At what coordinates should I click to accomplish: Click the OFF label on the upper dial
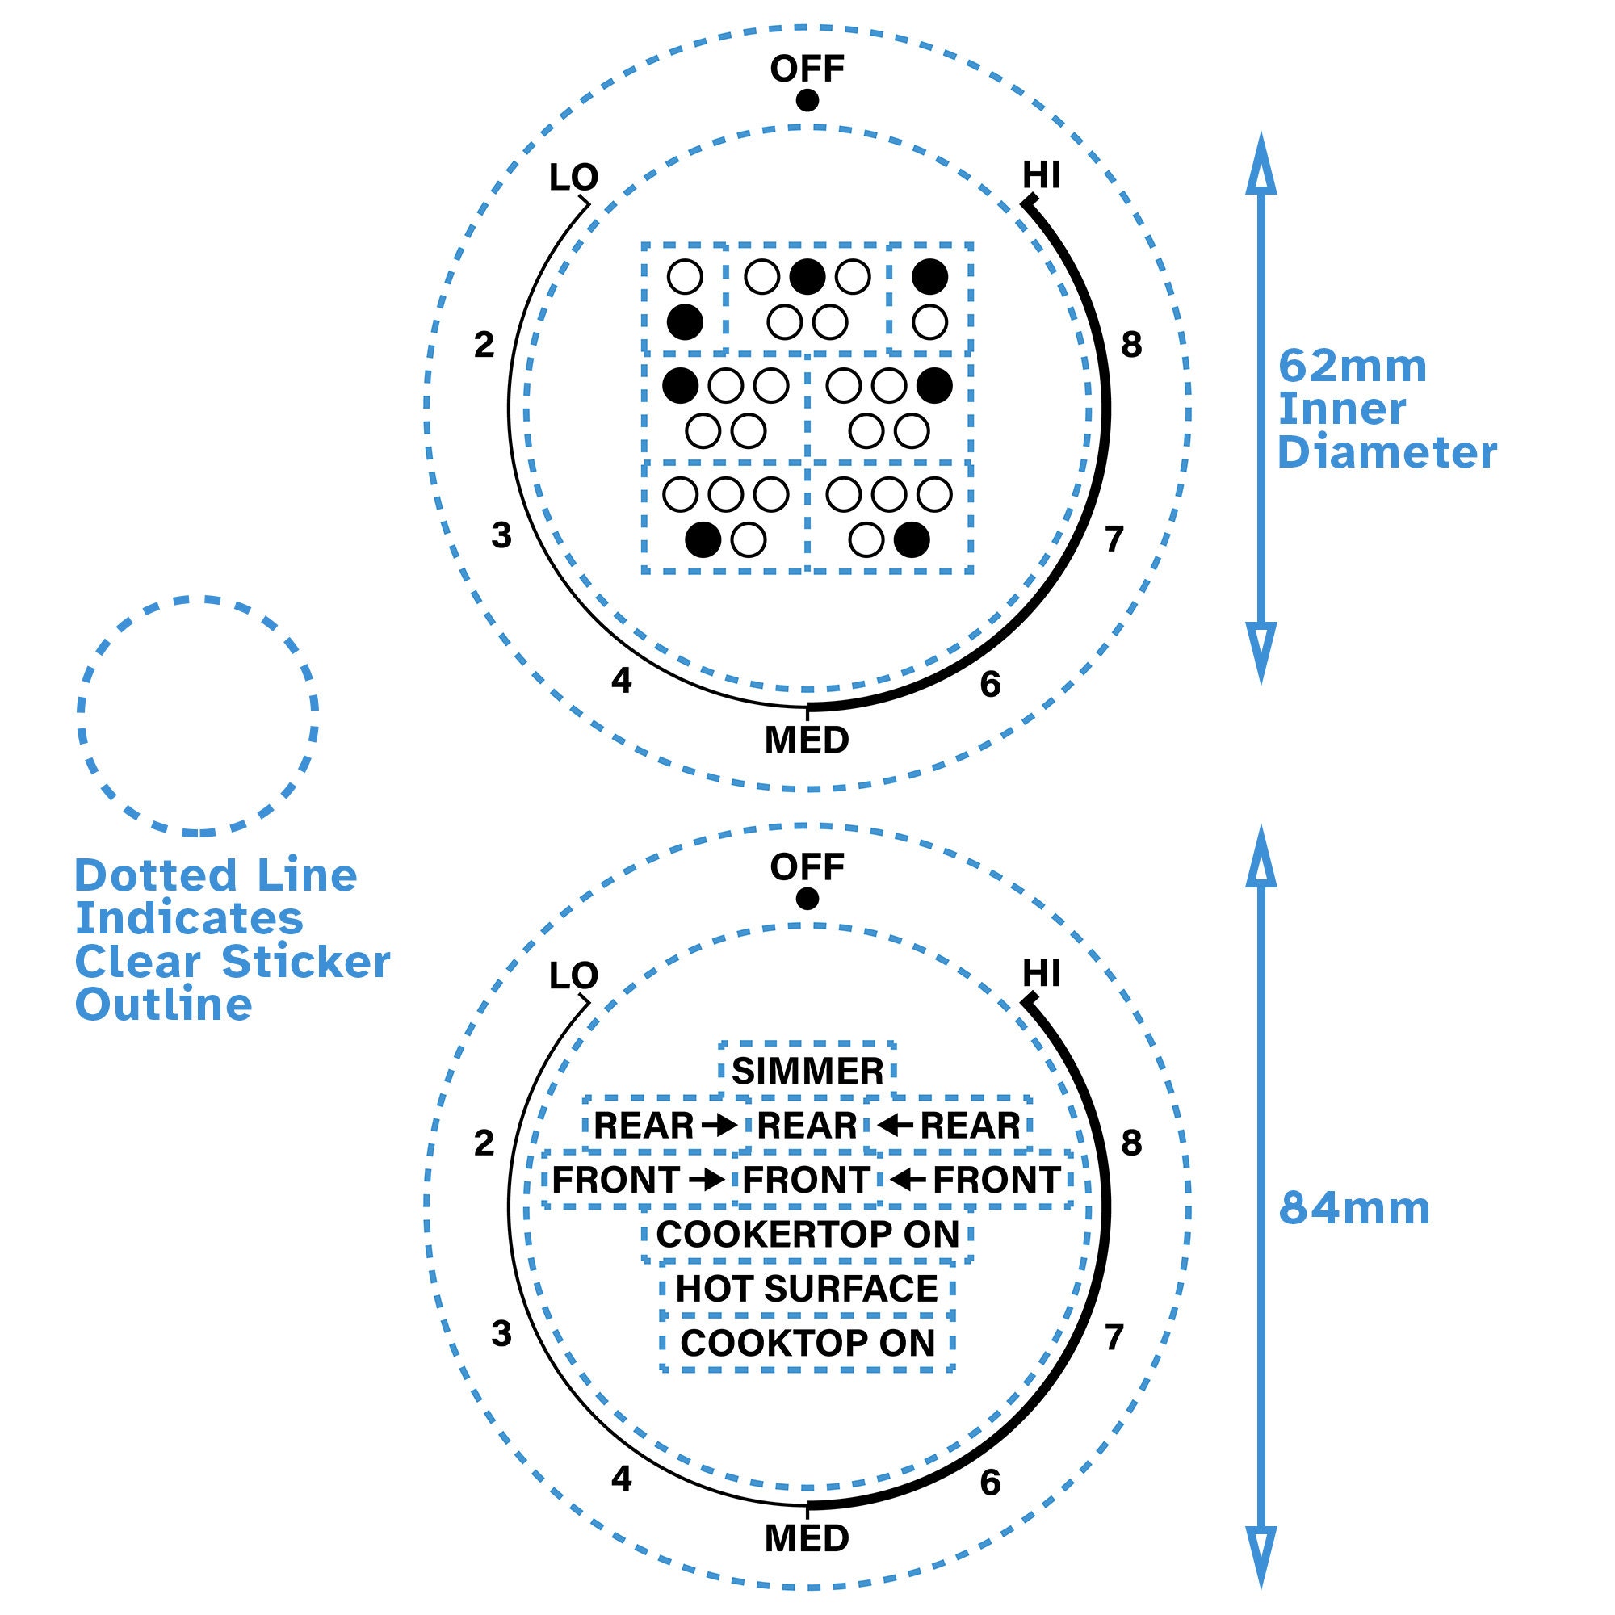click(x=807, y=69)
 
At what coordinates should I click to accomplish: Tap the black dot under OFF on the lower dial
click(x=807, y=899)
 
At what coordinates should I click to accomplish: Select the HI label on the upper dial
click(x=1042, y=175)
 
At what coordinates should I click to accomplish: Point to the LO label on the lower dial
click(x=573, y=975)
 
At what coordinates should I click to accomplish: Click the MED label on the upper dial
click(x=807, y=740)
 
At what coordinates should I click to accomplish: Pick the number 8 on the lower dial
click(x=1131, y=1143)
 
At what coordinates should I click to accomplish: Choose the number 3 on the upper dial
click(x=501, y=535)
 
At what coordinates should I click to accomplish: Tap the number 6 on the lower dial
click(x=990, y=1482)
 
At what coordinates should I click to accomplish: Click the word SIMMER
click(x=807, y=1071)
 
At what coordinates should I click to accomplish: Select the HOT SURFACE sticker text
click(x=807, y=1288)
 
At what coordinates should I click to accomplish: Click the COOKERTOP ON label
click(x=807, y=1234)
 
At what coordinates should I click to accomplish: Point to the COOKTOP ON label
click(x=807, y=1343)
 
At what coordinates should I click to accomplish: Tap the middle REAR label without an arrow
click(x=807, y=1125)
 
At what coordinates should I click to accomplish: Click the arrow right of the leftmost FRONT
click(x=708, y=1180)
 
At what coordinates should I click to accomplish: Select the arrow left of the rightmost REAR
click(x=896, y=1125)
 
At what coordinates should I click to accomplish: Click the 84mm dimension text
click(x=1354, y=1209)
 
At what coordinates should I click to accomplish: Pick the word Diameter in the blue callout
click(x=1386, y=453)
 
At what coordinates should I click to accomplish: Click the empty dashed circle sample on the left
click(x=198, y=715)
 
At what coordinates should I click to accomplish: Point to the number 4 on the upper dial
click(x=621, y=682)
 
